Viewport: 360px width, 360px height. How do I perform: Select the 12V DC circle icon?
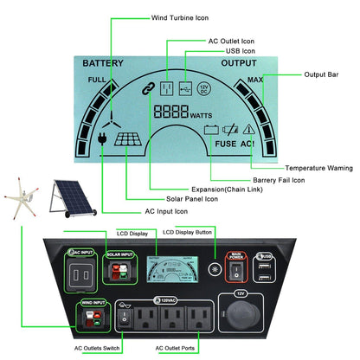pyautogui.click(x=203, y=88)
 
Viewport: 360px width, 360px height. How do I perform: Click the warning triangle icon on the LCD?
pyautogui.click(x=249, y=131)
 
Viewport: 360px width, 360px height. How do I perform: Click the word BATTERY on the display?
pyautogui.click(x=103, y=63)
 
